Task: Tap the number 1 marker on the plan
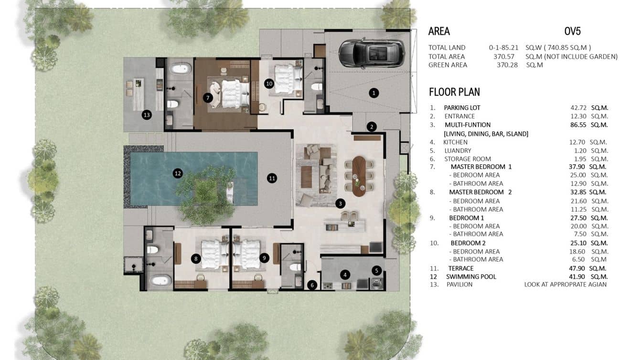point(374,93)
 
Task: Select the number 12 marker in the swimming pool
point(178,173)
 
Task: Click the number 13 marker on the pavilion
point(147,115)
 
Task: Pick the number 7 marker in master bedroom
point(207,98)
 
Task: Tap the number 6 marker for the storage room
point(312,285)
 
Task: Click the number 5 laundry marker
point(376,271)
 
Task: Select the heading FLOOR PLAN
point(454,92)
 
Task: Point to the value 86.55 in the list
point(572,125)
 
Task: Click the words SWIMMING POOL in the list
point(471,276)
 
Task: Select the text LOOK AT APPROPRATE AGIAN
point(565,285)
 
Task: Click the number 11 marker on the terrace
point(272,179)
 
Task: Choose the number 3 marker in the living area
point(340,203)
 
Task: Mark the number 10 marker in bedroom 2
point(269,84)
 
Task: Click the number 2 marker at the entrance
point(372,127)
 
